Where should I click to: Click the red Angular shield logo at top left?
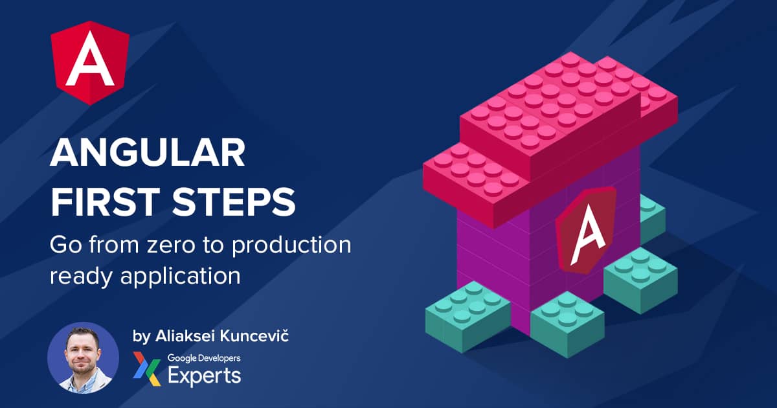(x=90, y=63)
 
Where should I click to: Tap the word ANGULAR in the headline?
(x=148, y=153)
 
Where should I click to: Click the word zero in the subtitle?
(x=171, y=245)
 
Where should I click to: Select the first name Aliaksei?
(x=184, y=336)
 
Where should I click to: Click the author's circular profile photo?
(x=84, y=357)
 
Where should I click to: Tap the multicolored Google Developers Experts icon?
(x=146, y=368)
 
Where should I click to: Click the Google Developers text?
(x=204, y=358)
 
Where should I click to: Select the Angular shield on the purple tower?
(x=586, y=231)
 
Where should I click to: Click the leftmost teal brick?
(x=467, y=317)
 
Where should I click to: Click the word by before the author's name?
(x=141, y=337)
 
